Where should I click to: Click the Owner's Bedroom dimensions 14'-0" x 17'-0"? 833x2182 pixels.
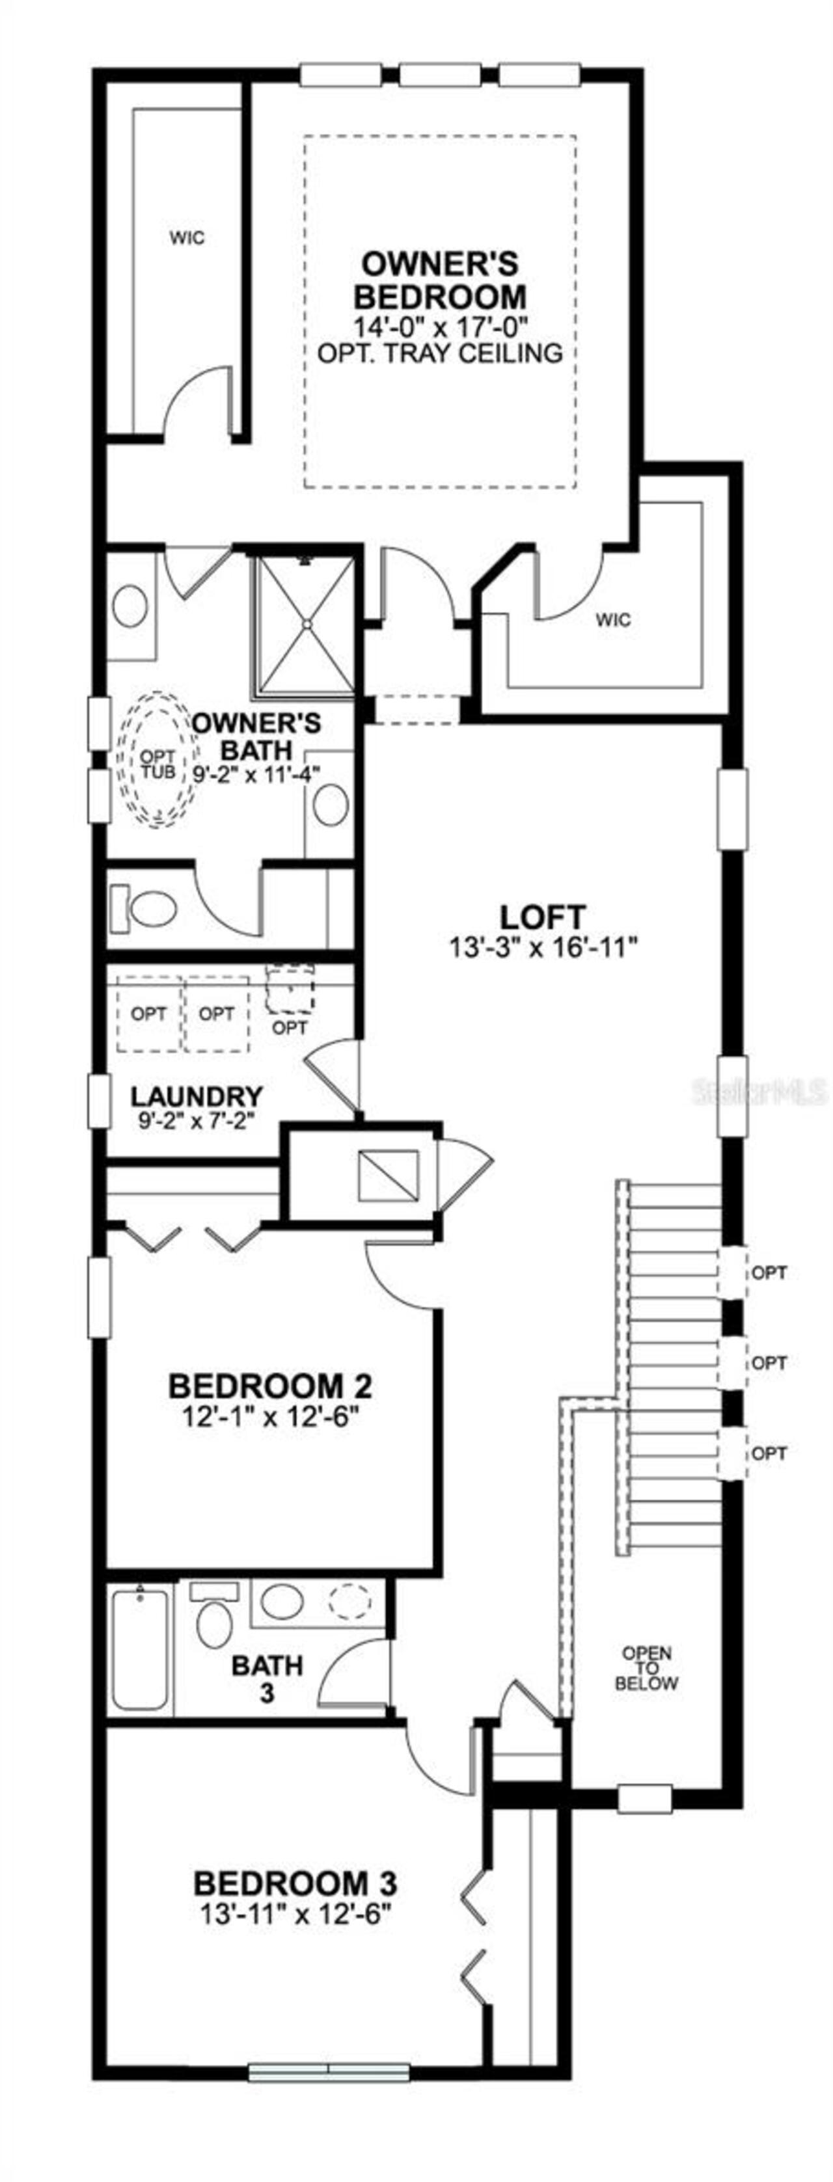440,325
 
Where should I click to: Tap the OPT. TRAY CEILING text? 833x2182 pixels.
440,353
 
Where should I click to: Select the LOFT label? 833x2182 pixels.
542,917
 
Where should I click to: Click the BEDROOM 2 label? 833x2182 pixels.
270,1386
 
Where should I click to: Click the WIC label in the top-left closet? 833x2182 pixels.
186,238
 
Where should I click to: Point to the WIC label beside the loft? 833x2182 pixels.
612,620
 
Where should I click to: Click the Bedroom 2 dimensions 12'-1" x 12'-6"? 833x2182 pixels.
270,1417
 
